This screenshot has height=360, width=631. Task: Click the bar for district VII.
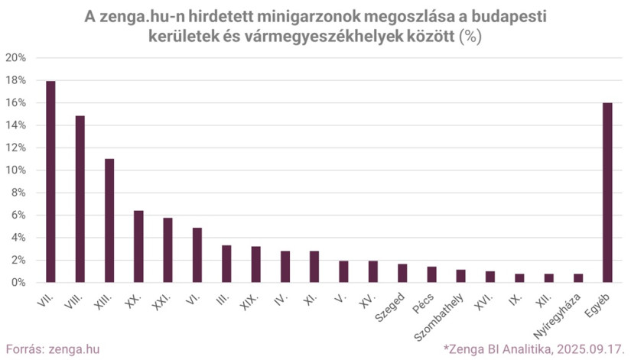click(50, 182)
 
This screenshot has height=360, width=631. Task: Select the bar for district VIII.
click(80, 199)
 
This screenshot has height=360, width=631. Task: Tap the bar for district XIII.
click(109, 221)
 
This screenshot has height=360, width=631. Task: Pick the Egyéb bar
click(607, 193)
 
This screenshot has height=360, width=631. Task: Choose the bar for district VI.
click(197, 255)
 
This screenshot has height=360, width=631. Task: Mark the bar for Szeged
click(402, 274)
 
